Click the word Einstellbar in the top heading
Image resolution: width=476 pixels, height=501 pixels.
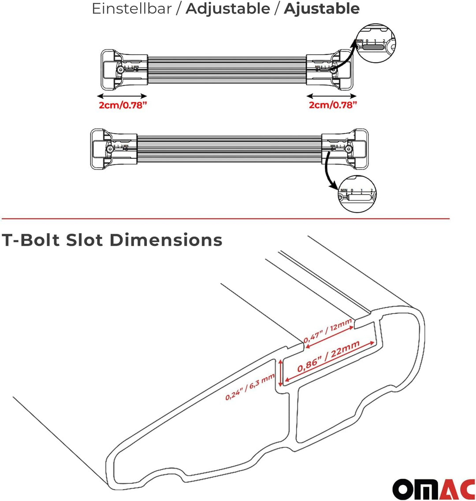(131, 9)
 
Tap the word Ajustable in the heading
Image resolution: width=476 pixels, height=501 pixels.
(321, 9)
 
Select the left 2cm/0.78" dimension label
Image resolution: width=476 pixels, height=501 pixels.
(122, 105)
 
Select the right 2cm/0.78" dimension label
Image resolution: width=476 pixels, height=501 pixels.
(332, 105)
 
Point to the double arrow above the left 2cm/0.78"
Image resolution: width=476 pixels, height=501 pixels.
(122, 96)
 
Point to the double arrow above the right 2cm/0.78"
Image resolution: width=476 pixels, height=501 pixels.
(331, 96)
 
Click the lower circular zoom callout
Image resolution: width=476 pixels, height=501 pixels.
(357, 194)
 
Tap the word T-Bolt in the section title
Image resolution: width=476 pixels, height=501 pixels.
(30, 240)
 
